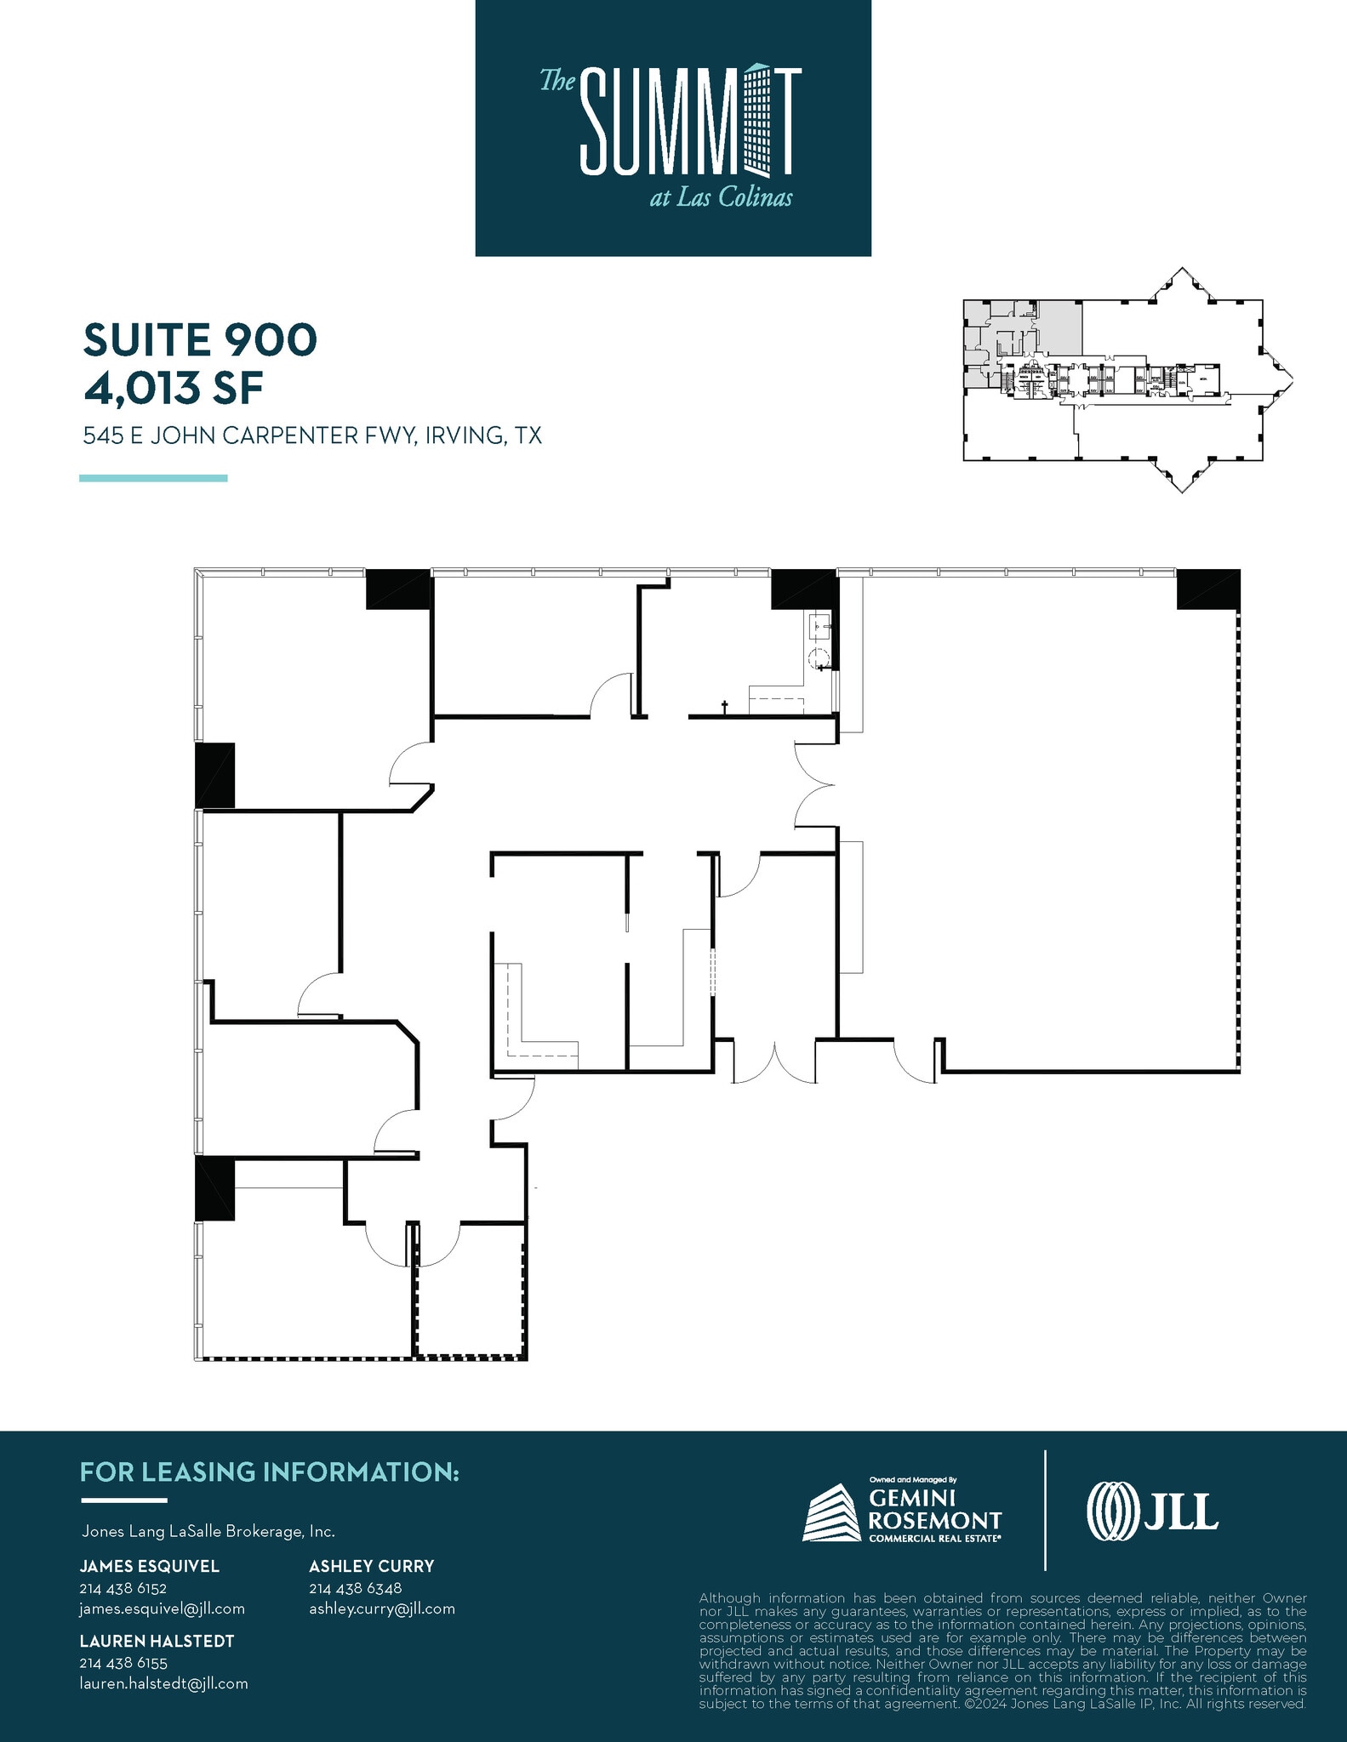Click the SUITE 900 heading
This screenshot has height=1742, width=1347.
click(200, 340)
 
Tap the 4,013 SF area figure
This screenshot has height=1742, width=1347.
click(173, 388)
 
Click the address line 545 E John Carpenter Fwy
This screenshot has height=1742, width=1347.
click(311, 436)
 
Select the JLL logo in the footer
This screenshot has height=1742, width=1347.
click(1152, 1511)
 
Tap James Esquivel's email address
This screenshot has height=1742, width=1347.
click(162, 1608)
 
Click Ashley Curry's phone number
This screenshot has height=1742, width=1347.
click(355, 1588)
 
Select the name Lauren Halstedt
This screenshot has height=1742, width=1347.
click(157, 1641)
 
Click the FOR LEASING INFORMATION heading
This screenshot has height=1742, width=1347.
click(269, 1472)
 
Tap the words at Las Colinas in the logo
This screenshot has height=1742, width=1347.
click(721, 198)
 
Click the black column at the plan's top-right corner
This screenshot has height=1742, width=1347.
click(1207, 589)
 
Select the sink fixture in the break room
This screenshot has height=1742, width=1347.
click(819, 628)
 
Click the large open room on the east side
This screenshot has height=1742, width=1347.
click(1038, 817)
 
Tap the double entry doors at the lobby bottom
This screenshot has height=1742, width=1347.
click(774, 1062)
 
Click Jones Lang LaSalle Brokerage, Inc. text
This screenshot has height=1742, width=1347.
click(208, 1531)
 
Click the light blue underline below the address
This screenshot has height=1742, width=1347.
click(153, 478)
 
